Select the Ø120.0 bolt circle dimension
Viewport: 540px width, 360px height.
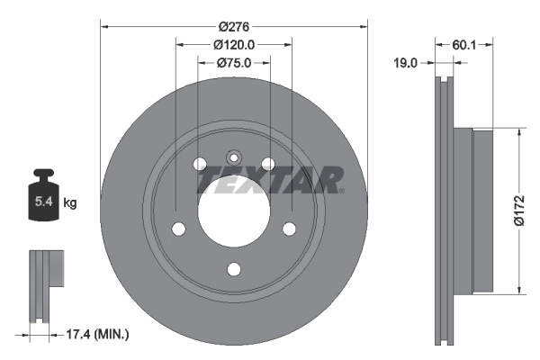pos(234,43)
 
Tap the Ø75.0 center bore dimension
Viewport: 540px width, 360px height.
pos(234,62)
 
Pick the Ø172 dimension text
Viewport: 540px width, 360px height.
pos(519,212)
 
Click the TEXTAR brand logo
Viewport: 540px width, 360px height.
pos(270,180)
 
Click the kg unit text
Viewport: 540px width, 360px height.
pos(69,204)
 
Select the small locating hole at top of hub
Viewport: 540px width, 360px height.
pos(233,155)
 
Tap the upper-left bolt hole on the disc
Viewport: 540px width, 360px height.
pos(200,163)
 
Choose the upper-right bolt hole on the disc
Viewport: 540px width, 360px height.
pos(267,163)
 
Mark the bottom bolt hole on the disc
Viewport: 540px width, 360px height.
pos(233,268)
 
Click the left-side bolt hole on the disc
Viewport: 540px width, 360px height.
pos(178,228)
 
